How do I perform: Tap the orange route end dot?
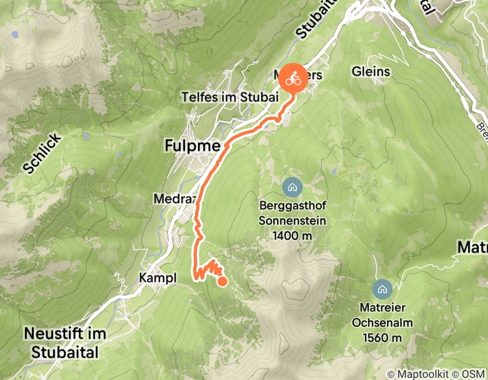222,281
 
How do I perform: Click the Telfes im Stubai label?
230,97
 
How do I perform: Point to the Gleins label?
371,71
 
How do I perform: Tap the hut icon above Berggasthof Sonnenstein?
292,188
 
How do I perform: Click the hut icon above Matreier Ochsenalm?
383,288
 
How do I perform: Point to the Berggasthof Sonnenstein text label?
292,214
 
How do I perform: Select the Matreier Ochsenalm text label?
383,315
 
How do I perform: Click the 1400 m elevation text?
292,235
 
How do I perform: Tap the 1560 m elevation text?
383,338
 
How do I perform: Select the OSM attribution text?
473,373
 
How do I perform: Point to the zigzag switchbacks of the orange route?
208,269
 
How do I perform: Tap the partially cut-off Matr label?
473,248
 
